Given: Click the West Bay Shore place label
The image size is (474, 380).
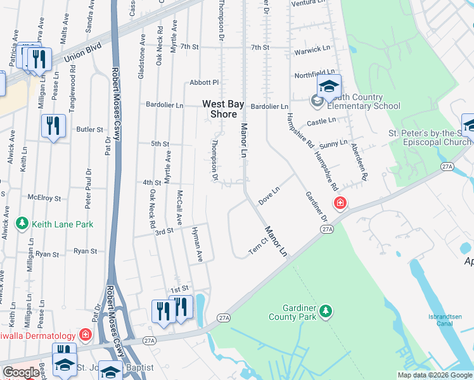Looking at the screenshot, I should [x=219, y=109].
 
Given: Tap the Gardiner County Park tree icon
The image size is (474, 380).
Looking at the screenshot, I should [x=325, y=311].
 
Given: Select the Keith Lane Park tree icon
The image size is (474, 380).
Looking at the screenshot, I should [x=23, y=224].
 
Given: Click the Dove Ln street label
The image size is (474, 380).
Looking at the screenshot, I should [x=269, y=194].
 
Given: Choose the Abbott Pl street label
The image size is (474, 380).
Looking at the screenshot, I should [x=203, y=83].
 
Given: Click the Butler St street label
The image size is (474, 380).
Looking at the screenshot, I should [x=89, y=129].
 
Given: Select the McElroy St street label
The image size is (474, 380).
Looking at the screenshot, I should [x=48, y=198].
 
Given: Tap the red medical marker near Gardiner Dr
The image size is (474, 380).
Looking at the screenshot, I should [x=340, y=203].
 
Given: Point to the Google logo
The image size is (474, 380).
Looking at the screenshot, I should [x=20, y=372].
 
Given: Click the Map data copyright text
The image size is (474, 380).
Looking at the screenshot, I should [x=435, y=375].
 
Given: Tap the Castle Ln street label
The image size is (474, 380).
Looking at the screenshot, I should [x=321, y=121].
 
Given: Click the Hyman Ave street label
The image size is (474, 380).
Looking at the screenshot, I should [x=197, y=246].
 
